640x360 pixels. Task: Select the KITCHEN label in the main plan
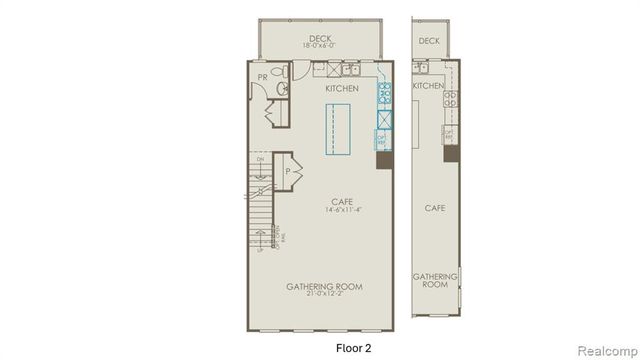click(343, 89)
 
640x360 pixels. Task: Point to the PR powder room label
click(262, 77)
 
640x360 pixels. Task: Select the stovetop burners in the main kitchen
click(383, 97)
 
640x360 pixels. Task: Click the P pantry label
click(288, 172)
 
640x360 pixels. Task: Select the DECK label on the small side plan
click(429, 41)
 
